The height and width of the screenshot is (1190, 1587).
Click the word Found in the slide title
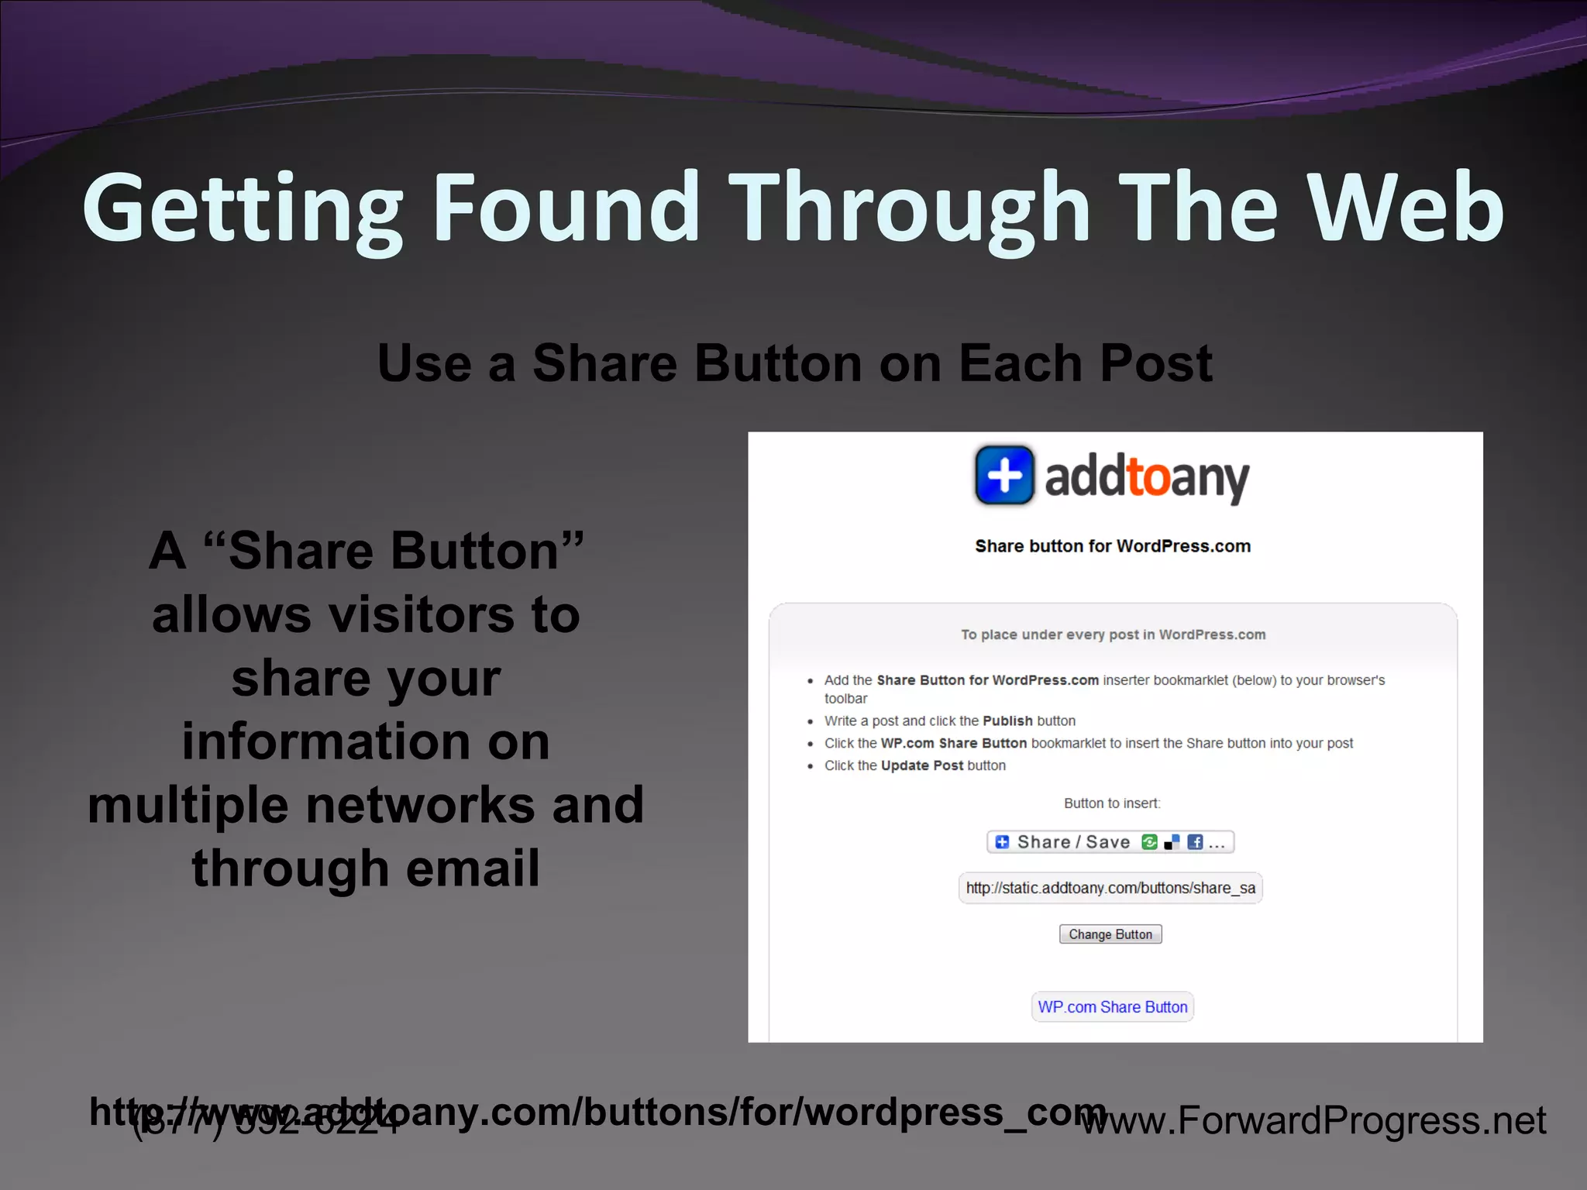tap(566, 208)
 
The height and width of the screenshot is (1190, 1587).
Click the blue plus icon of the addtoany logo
tap(1004, 475)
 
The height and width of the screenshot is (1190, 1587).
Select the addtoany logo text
tap(1146, 478)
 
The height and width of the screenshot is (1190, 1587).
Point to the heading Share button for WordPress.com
tap(1112, 546)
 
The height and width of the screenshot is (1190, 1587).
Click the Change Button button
tap(1110, 934)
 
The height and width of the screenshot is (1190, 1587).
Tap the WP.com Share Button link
tap(1112, 1007)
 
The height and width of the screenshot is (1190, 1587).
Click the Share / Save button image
tap(1110, 842)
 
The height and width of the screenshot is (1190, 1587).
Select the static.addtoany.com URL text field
tap(1110, 888)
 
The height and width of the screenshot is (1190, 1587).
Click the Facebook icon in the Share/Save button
tap(1195, 842)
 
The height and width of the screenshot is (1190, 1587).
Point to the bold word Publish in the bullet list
tap(1007, 721)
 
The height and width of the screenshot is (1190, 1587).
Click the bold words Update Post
tap(922, 765)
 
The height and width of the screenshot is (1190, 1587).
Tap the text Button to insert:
tap(1111, 803)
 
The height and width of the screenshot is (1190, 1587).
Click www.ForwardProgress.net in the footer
tap(1314, 1121)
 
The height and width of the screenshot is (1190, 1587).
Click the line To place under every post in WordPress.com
tap(1113, 635)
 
